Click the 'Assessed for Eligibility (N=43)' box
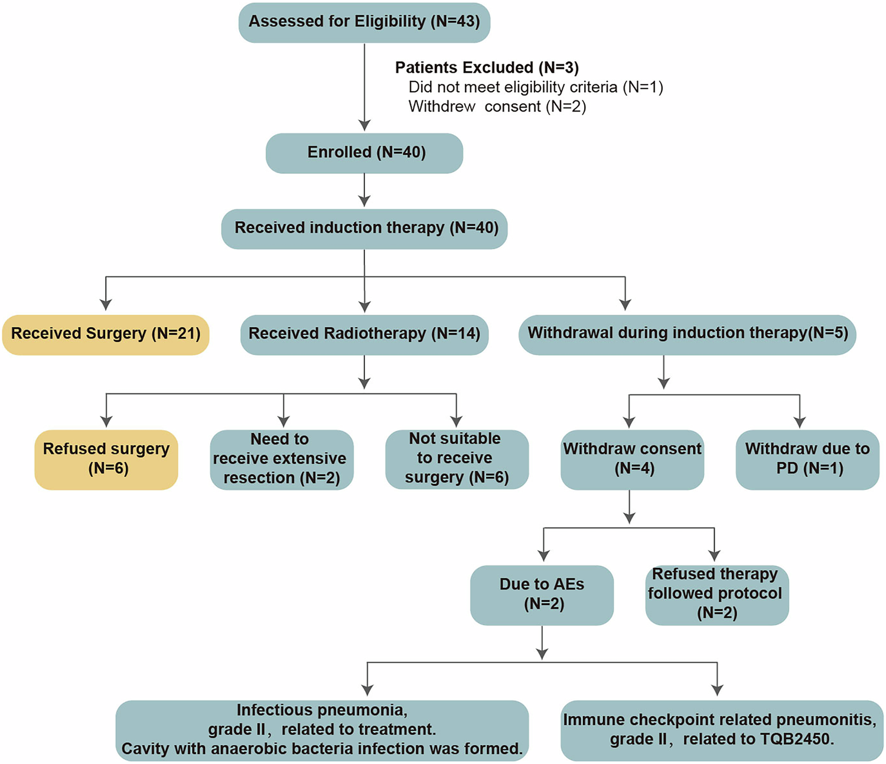(x=364, y=22)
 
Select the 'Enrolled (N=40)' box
(x=364, y=153)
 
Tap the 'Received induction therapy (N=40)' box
(x=364, y=229)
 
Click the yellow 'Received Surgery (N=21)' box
(x=106, y=334)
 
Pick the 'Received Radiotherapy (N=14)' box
(x=364, y=334)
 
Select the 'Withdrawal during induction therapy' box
(x=687, y=334)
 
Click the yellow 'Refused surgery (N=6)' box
(x=106, y=459)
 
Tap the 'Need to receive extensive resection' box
(x=282, y=459)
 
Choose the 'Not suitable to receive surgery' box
(x=457, y=459)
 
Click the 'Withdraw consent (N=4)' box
(x=632, y=459)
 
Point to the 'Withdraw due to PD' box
(x=807, y=459)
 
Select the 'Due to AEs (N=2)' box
(x=542, y=594)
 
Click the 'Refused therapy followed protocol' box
(x=716, y=594)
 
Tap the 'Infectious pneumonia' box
(x=322, y=730)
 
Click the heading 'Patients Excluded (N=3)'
(x=487, y=68)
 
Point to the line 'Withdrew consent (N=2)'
(x=497, y=107)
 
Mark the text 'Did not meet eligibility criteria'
(x=513, y=87)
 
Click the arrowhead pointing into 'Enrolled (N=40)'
(x=364, y=125)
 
